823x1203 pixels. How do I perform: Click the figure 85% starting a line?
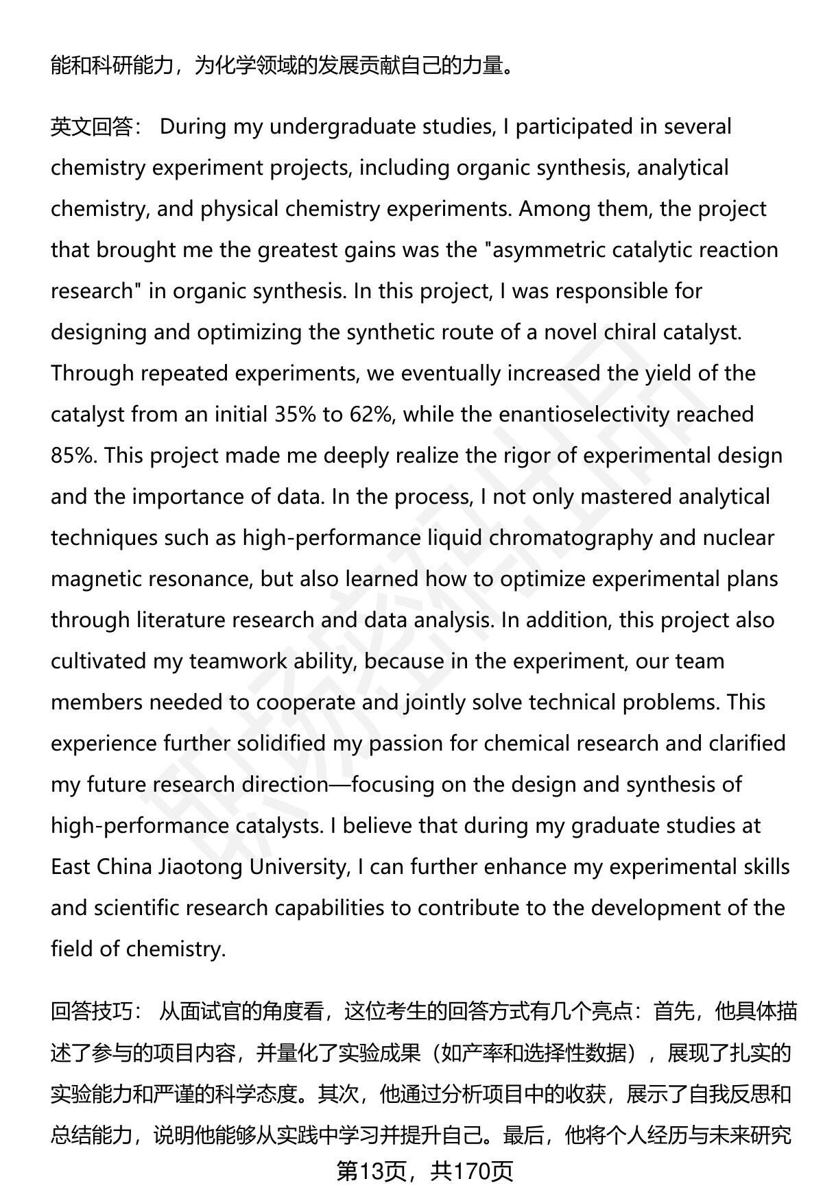coord(73,456)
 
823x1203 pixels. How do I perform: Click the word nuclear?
coord(738,538)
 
